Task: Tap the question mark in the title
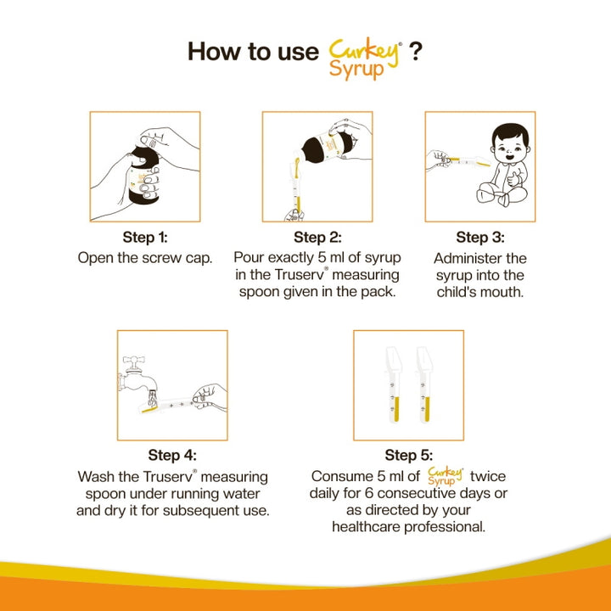[x=416, y=51]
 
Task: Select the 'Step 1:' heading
[x=145, y=237]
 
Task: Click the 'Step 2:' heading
[x=318, y=238]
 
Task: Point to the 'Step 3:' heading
[x=479, y=237]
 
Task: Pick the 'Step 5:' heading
[x=408, y=456]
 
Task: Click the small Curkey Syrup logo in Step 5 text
[x=446, y=475]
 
